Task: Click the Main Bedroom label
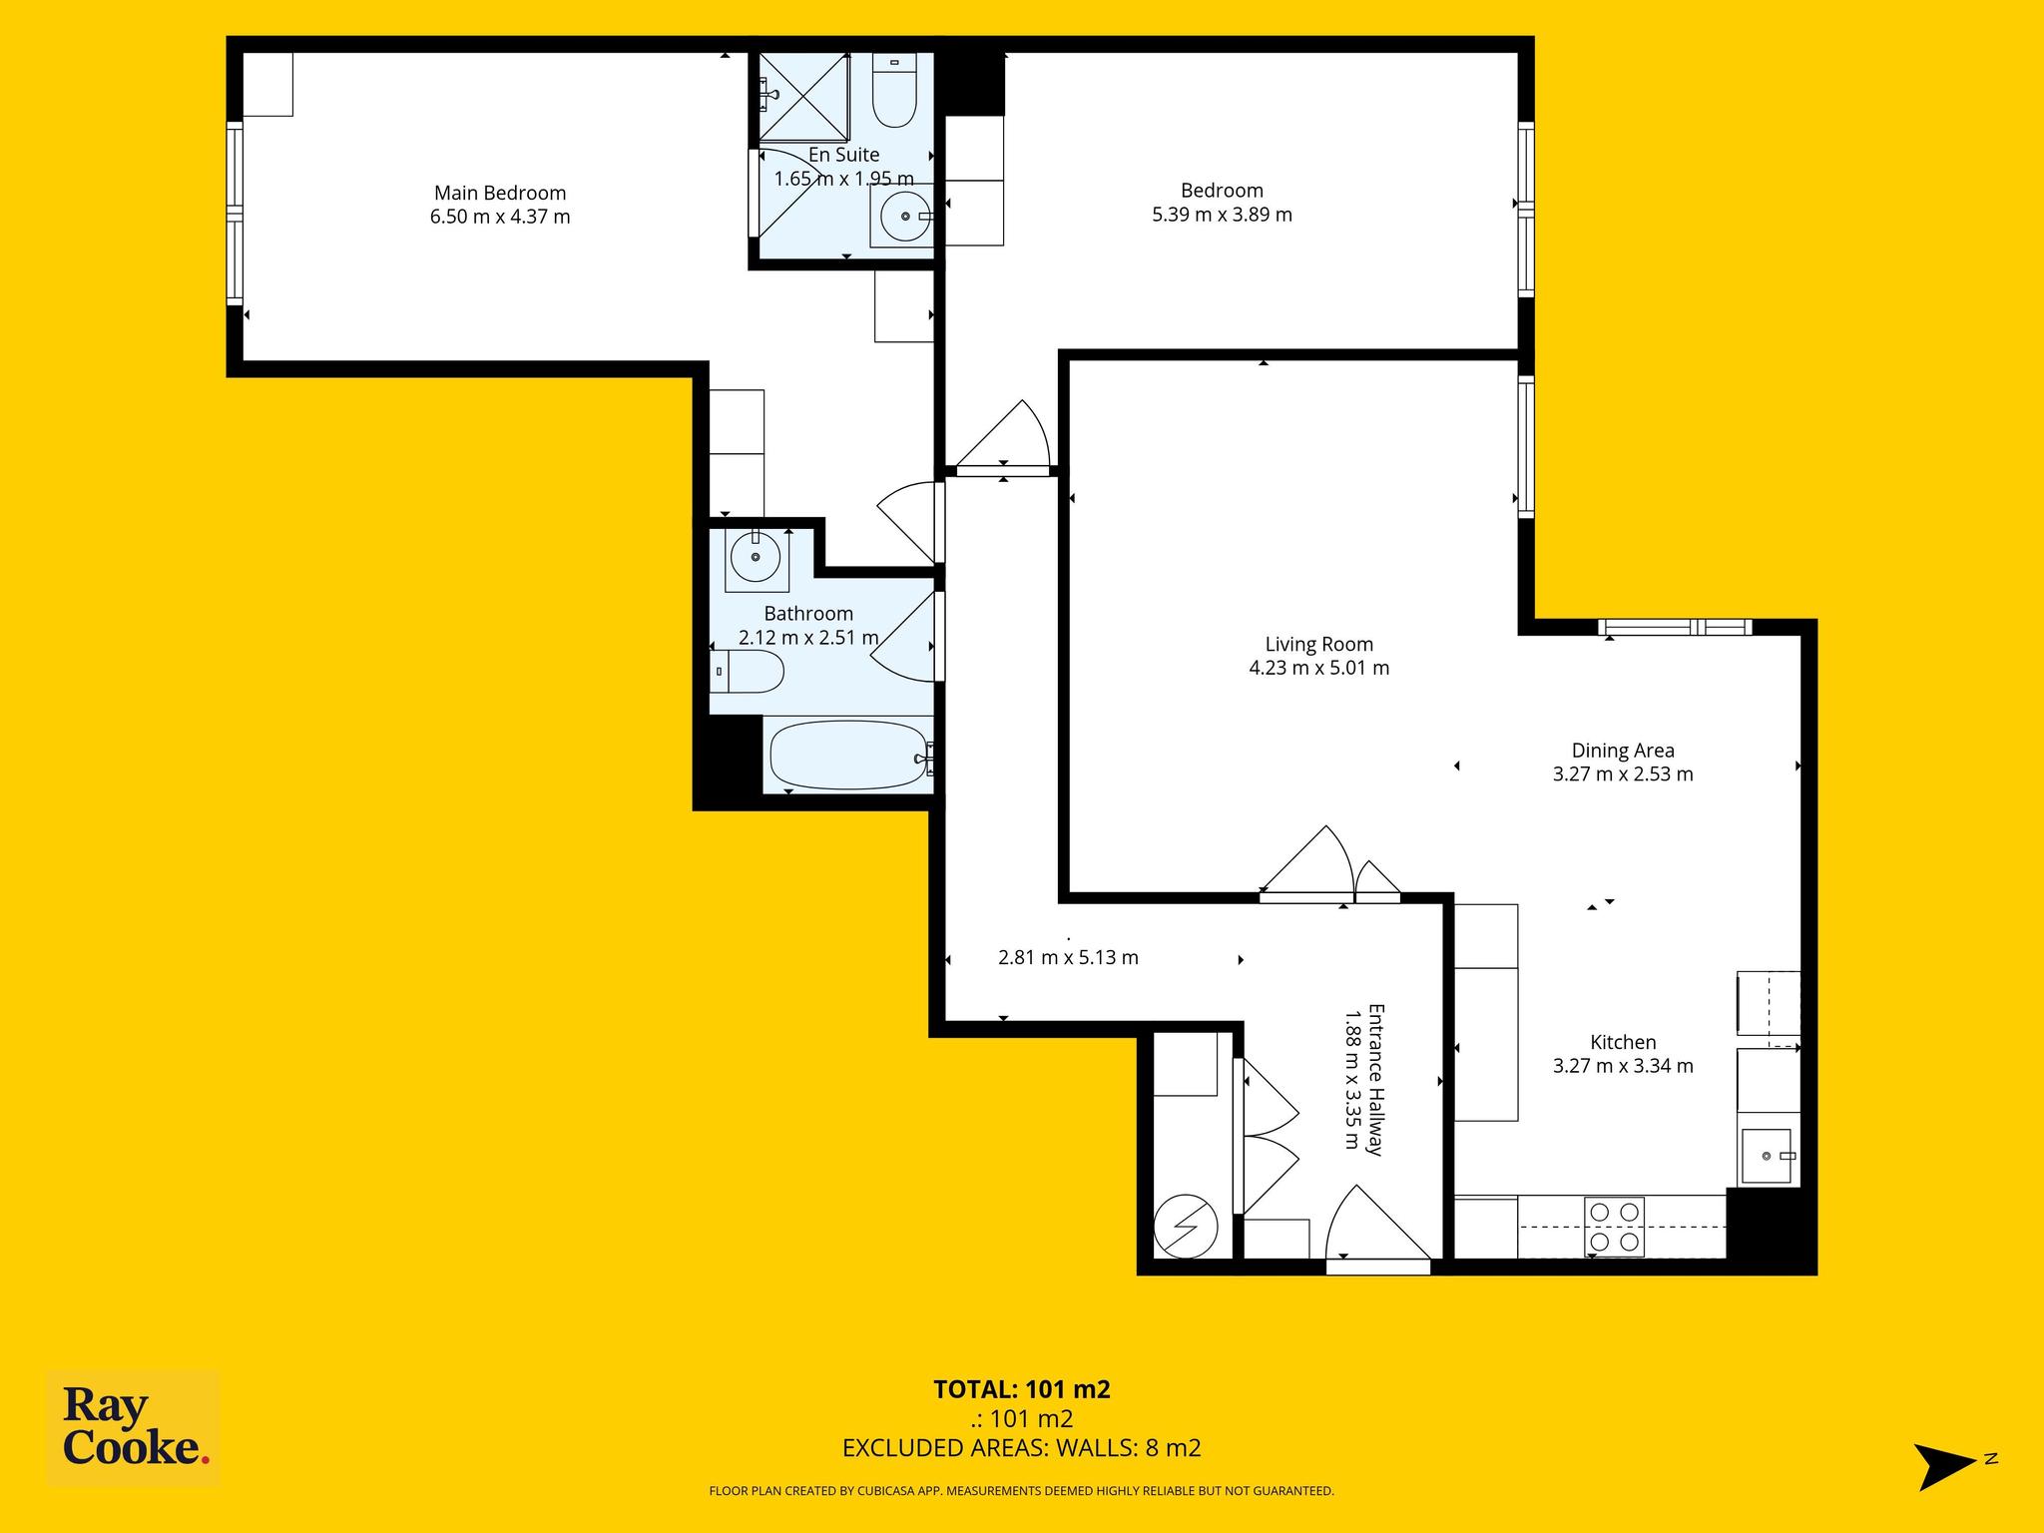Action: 500,193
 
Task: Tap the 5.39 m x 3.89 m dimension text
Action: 1222,215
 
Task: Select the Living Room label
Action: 1319,645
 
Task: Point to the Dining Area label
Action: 1623,751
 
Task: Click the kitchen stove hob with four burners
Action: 1614,1227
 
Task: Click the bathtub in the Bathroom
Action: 849,755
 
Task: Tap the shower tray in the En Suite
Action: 804,97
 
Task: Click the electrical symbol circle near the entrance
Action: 1186,1228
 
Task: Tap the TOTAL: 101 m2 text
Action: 1022,1389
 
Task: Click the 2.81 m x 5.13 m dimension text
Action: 1068,958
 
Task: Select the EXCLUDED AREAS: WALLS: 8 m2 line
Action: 1022,1448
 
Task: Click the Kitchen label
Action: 1623,1042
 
